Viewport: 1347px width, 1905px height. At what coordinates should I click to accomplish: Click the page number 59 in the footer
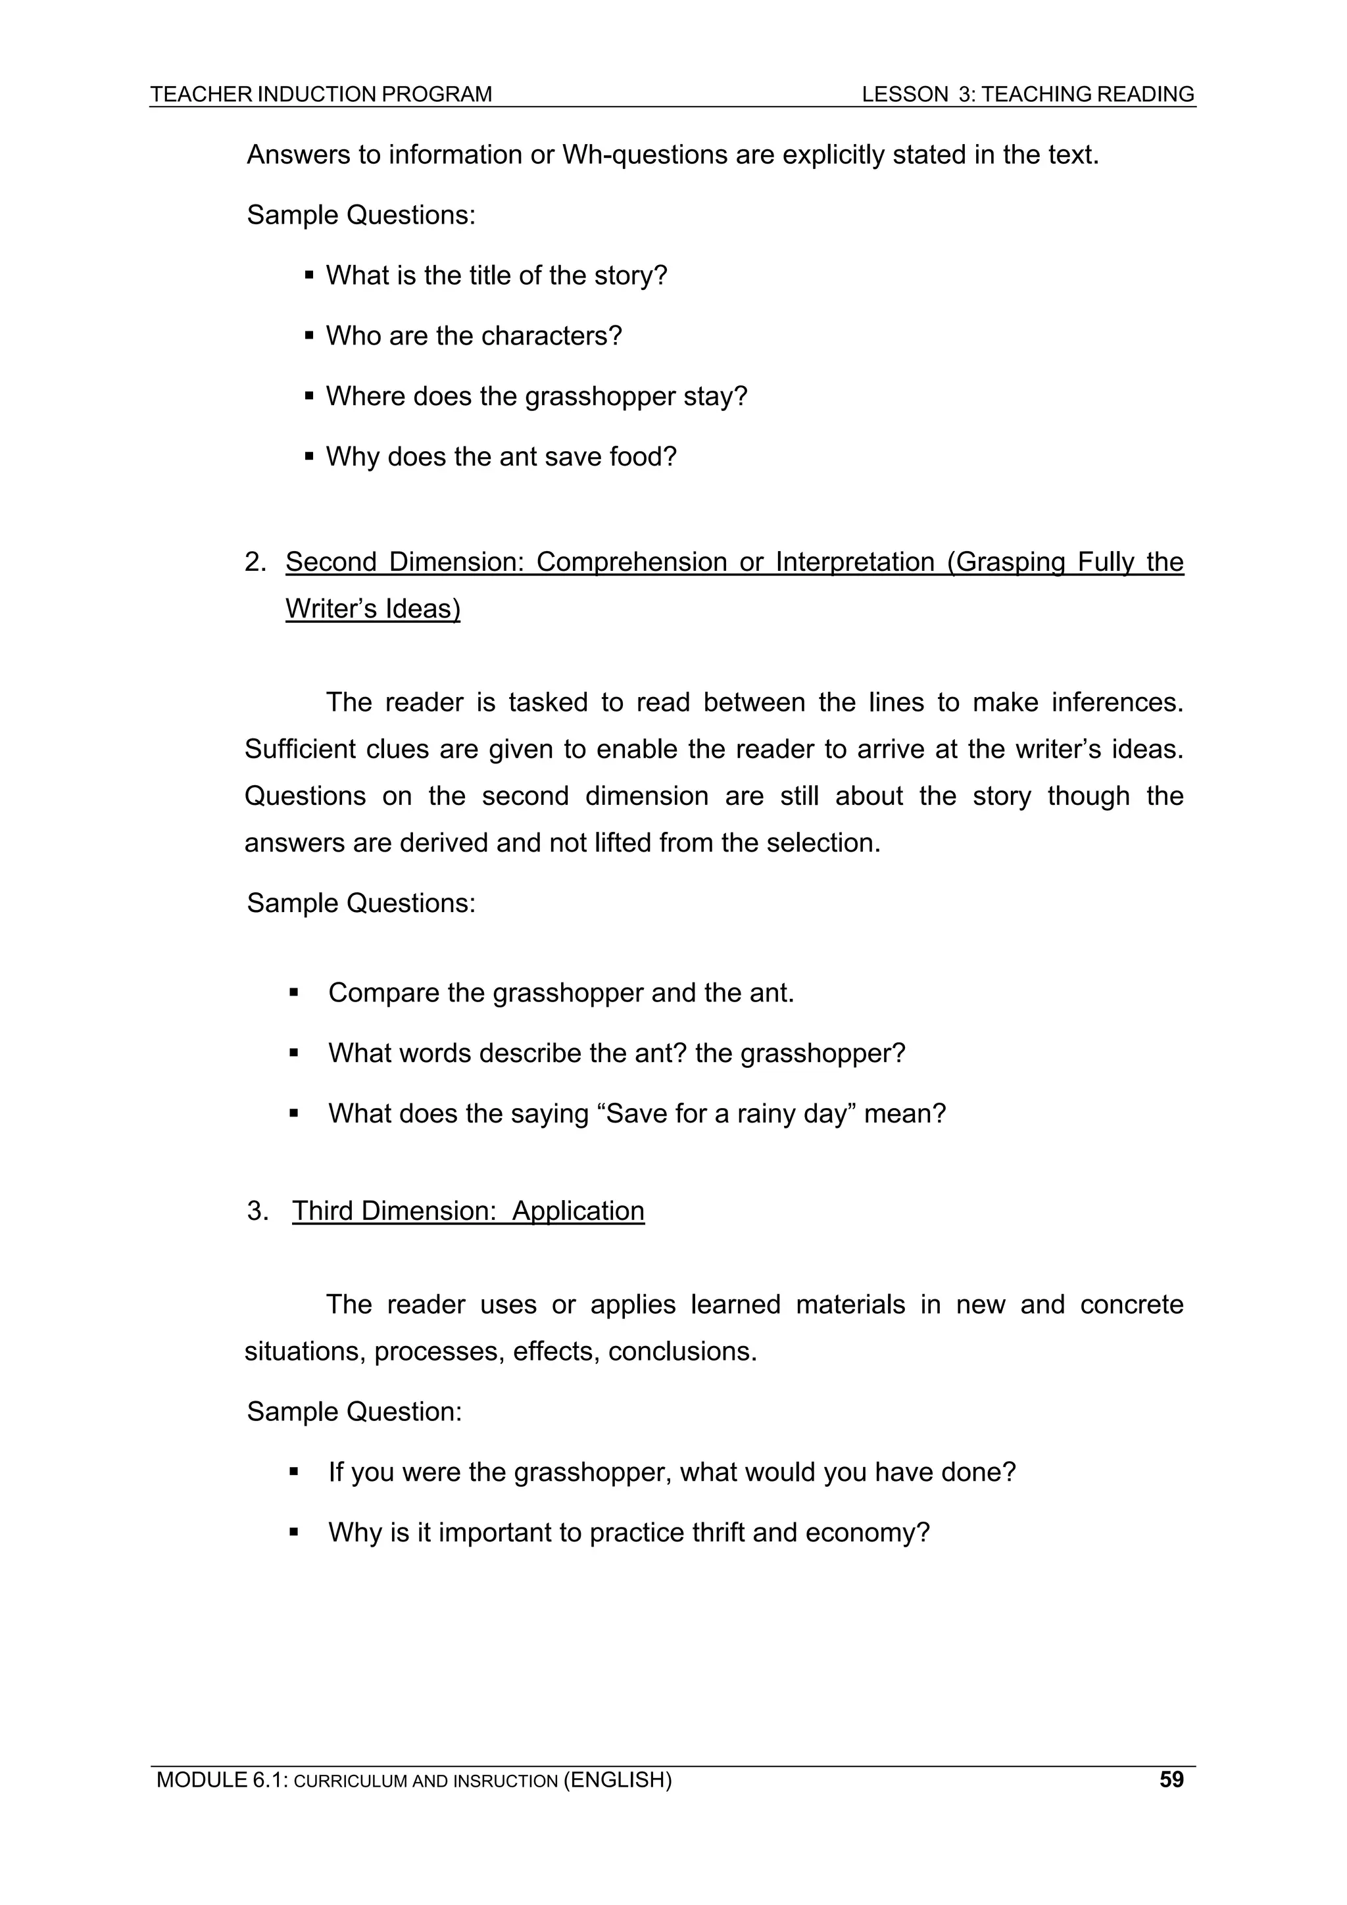[1171, 1779]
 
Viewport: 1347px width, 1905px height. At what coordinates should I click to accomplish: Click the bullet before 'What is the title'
[308, 276]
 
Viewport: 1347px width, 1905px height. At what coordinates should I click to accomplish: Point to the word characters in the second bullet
[551, 336]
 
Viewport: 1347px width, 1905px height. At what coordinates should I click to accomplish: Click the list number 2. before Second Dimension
[255, 562]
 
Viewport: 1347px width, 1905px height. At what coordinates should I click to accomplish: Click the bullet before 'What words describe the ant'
[294, 1053]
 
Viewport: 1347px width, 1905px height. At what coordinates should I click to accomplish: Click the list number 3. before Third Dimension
[257, 1211]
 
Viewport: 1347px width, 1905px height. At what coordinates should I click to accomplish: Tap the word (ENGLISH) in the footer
[618, 1779]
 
